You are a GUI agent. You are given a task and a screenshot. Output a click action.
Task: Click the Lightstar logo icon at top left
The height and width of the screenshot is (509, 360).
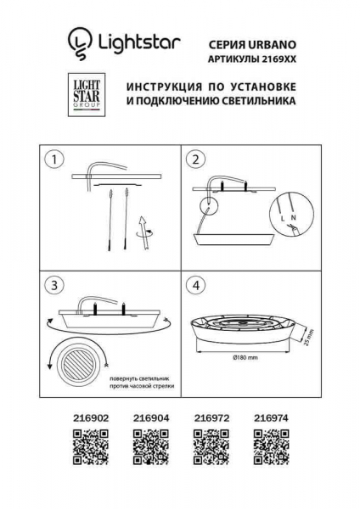tap(79, 41)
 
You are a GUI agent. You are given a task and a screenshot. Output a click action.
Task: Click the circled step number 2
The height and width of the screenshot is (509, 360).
tap(195, 159)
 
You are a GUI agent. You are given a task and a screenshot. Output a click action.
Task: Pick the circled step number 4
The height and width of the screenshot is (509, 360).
tap(195, 286)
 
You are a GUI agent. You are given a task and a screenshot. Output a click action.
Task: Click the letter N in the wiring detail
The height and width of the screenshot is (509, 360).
tap(293, 219)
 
